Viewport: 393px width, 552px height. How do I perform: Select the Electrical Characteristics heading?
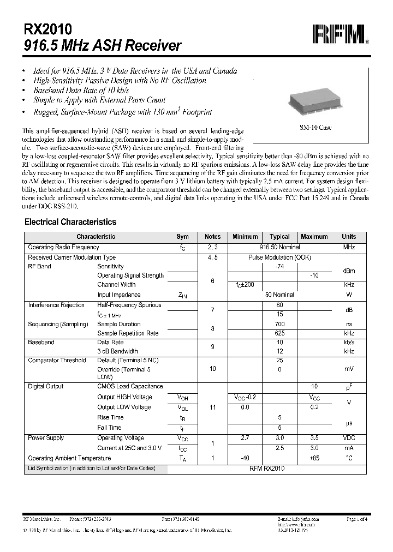(x=70, y=222)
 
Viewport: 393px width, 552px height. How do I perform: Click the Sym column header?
(x=182, y=237)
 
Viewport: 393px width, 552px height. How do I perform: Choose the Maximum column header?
(x=314, y=237)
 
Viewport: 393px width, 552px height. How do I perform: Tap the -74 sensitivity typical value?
(x=280, y=266)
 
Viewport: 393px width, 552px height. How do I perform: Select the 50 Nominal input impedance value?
(x=279, y=295)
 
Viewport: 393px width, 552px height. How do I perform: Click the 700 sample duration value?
(x=280, y=324)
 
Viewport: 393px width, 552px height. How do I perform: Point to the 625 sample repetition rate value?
(x=280, y=333)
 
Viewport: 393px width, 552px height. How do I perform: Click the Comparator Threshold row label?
(x=57, y=360)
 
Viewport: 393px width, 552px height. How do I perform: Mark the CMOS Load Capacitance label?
(x=130, y=386)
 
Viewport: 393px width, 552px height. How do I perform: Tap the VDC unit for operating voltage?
(x=348, y=438)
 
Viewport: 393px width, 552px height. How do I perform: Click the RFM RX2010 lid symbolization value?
(x=267, y=468)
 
